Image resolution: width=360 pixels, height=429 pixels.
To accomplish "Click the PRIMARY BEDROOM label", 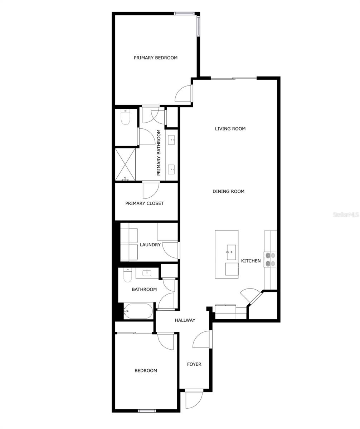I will point(156,58).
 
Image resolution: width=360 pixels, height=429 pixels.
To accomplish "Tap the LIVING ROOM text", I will point(230,129).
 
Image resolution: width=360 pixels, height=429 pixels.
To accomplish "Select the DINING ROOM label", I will point(228,191).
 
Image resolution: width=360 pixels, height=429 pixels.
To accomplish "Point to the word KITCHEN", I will point(251,261).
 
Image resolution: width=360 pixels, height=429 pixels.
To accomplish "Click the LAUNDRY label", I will point(150,245).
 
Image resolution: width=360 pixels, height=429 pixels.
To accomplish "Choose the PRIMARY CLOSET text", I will point(145,203).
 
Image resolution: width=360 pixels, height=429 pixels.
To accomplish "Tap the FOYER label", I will point(194,364).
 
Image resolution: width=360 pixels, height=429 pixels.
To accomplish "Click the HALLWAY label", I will point(185,320).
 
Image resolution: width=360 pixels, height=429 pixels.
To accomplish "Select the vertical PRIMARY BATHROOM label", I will point(159,153).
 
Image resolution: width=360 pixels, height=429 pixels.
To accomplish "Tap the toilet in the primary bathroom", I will point(125,117).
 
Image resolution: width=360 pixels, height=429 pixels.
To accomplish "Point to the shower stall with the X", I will point(125,164).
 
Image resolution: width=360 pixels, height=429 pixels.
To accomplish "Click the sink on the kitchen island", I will point(231,252).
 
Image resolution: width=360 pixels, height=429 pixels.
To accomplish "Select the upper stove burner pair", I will point(270,255).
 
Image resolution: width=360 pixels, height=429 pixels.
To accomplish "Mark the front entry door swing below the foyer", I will point(194,399).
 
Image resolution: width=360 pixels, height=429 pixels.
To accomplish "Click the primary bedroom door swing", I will point(183,94).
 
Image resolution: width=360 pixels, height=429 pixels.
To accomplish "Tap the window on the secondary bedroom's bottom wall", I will point(147,411).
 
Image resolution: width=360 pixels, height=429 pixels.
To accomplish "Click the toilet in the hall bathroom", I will point(127,275).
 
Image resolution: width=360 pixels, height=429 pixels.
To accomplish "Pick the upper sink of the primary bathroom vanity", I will point(172,139).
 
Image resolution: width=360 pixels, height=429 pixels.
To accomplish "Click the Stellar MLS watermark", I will point(346,214).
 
